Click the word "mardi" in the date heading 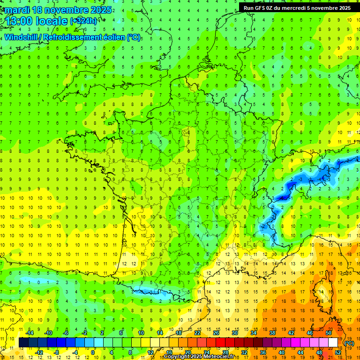pyautogui.click(x=18, y=10)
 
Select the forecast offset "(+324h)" pyautogui.click(x=84, y=21)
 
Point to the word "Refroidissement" pyautogui.click(x=75, y=37)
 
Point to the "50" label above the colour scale pyautogui.click(x=329, y=332)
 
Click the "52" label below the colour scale pyautogui.click(x=338, y=352)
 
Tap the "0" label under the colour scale pyautogui.click(x=93, y=352)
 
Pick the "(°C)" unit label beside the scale pyautogui.click(x=349, y=343)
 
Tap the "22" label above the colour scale pyautogui.click(x=197, y=332)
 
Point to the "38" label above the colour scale pyautogui.click(x=272, y=332)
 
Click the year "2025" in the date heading pyautogui.click(x=101, y=10)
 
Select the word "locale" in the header pyautogui.click(x=53, y=22)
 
